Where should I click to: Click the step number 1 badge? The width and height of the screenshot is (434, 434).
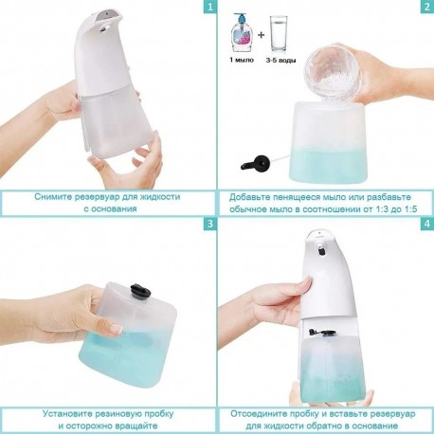coord(210,6)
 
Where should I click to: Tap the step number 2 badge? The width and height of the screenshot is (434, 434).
coord(427,6)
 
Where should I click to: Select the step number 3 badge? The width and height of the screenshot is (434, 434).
coord(210,225)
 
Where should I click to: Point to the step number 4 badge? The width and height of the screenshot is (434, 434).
coord(427,225)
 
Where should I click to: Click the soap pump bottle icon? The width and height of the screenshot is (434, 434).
coord(241,33)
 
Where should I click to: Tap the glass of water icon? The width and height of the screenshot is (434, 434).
coord(279,33)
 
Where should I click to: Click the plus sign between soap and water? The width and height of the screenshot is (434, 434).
coord(261,35)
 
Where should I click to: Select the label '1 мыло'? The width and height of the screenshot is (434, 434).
coord(242,60)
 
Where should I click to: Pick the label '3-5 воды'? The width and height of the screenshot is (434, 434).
coord(280,60)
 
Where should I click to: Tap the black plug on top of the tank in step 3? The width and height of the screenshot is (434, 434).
coord(138,290)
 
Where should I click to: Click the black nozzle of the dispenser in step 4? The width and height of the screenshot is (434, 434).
coord(321,251)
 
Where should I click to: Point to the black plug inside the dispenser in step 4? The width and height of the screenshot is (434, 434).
coord(323,333)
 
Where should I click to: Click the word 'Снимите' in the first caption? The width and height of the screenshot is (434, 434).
coord(53,197)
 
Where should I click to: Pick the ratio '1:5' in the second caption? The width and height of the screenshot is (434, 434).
coord(408,209)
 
